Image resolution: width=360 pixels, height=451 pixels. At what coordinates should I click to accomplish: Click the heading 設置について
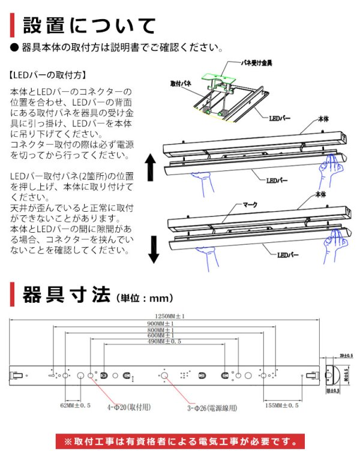tap(89, 26)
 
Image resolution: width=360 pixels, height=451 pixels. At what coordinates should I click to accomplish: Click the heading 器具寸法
tap(65, 295)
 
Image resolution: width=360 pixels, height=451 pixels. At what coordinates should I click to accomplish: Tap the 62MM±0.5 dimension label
tap(75, 405)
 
